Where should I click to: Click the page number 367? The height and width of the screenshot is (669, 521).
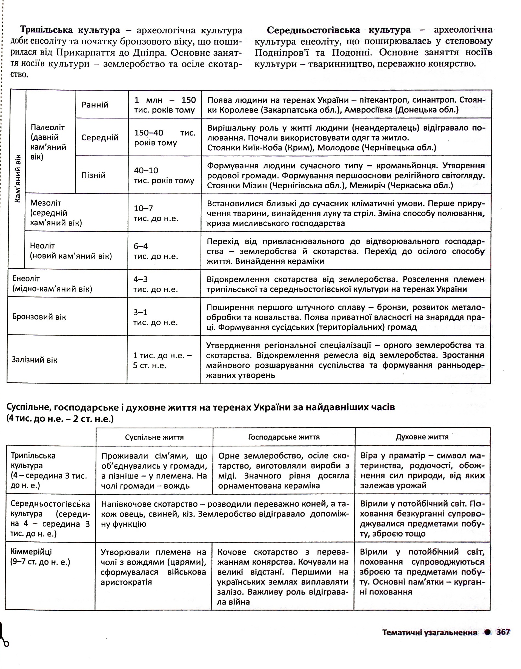tap(503, 632)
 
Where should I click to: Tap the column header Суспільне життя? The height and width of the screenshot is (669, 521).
tap(154, 437)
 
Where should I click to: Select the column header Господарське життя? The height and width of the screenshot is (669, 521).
tap(284, 437)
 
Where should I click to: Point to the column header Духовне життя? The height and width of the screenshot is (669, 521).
tap(422, 437)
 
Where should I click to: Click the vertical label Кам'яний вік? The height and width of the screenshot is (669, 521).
tap(18, 178)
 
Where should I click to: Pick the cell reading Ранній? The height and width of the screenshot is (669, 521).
tap(95, 105)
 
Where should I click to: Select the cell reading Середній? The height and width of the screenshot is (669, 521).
tap(100, 137)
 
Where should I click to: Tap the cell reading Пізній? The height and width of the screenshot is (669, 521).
tap(93, 175)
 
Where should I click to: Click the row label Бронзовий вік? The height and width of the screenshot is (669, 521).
tap(39, 317)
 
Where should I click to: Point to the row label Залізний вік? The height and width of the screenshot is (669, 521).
tap(35, 360)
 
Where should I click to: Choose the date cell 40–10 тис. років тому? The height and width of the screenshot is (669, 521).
tap(164, 175)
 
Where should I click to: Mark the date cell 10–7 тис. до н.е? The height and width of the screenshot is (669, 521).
tap(156, 213)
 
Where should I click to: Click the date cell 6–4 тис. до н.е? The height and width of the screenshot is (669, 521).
tap(156, 251)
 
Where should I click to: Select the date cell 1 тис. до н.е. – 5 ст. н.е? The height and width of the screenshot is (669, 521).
tap(162, 360)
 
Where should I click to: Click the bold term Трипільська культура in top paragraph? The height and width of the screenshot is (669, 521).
tap(70, 30)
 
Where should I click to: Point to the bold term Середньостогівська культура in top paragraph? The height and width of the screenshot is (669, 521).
tap(339, 30)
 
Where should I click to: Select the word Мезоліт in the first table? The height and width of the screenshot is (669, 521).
tap(46, 203)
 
